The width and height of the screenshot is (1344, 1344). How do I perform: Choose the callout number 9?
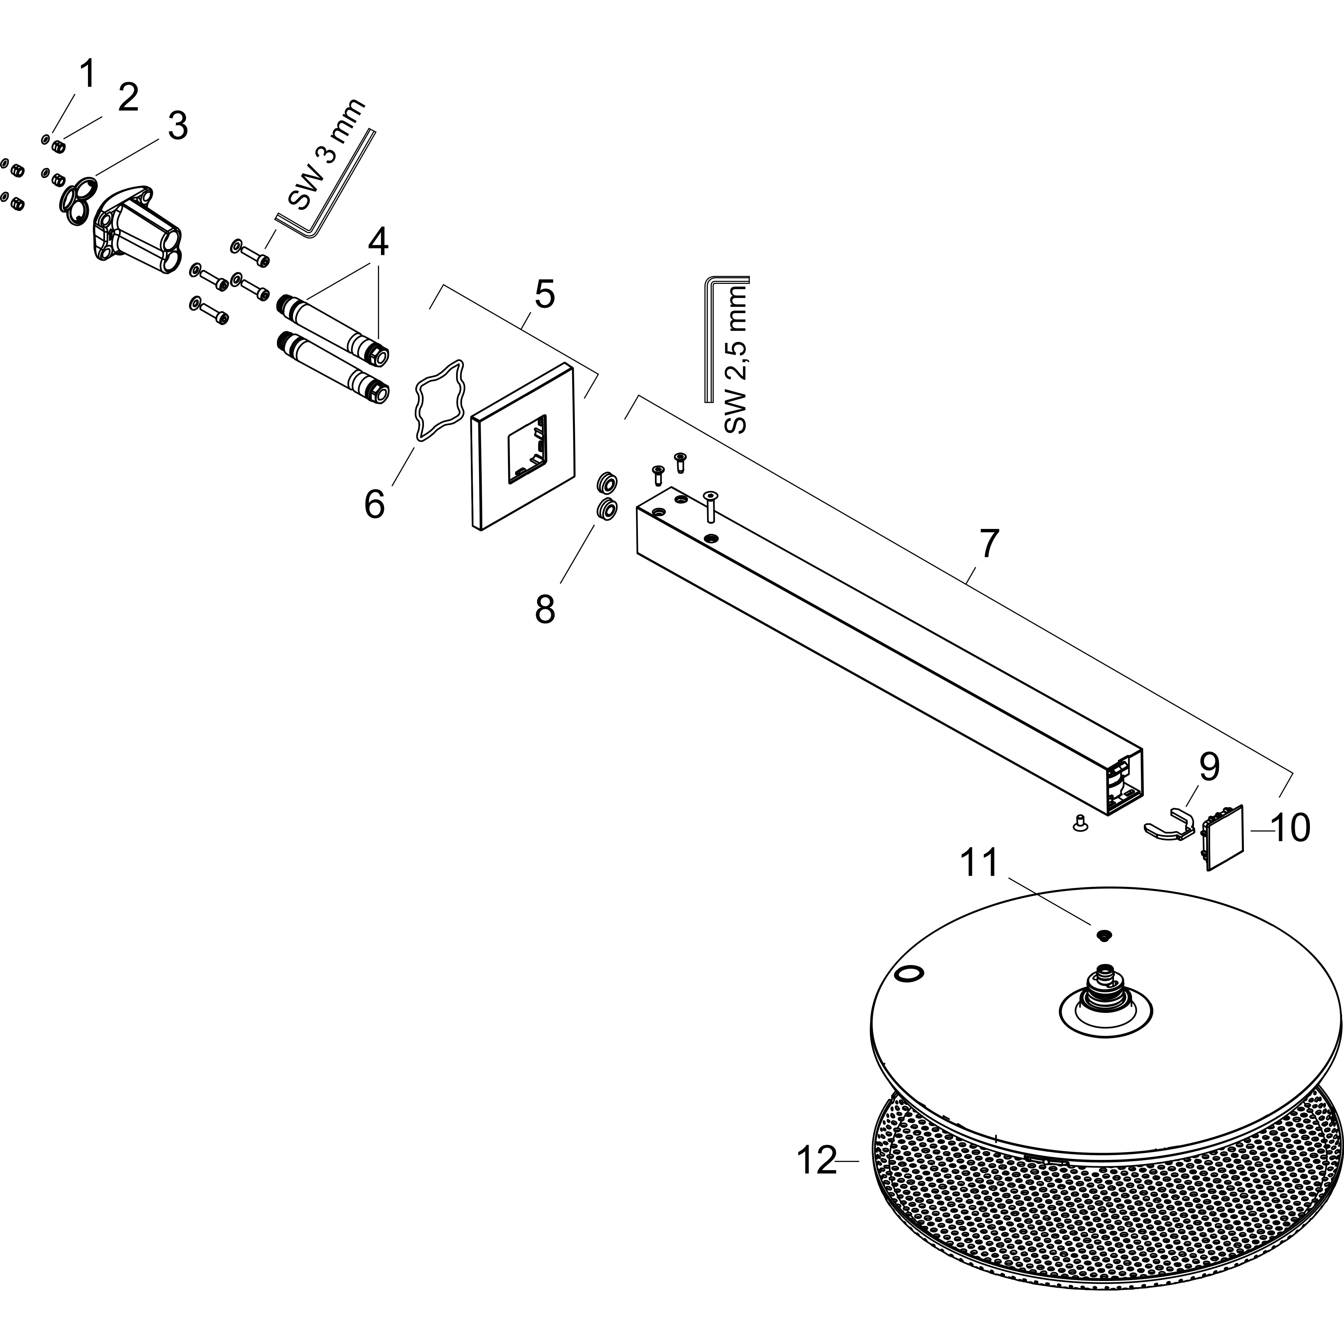point(1209,766)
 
